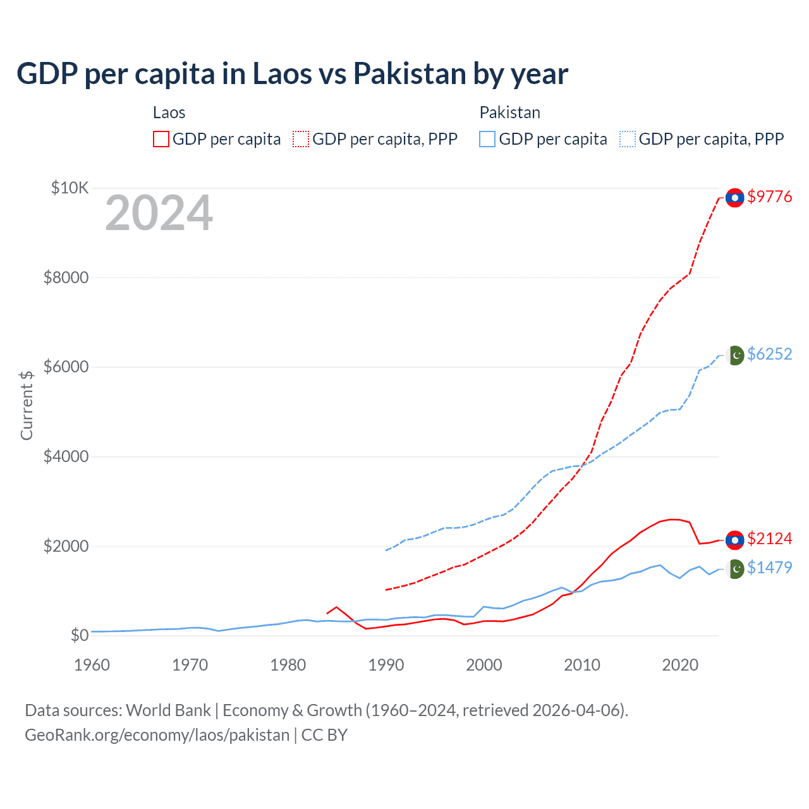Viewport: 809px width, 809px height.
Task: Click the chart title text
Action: [292, 74]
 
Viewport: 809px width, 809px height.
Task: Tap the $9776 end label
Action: [769, 197]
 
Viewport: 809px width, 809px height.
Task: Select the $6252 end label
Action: [769, 354]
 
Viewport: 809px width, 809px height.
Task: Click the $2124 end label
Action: [769, 538]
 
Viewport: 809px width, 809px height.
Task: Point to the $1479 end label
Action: [769, 568]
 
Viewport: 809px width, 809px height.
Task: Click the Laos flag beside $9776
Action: [734, 198]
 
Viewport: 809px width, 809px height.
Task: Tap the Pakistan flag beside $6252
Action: [736, 355]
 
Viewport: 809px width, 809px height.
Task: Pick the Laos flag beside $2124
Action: [734, 540]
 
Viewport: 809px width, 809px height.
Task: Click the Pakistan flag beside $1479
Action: [736, 569]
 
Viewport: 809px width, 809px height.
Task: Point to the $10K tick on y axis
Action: [70, 188]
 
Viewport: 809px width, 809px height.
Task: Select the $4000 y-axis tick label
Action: [66, 456]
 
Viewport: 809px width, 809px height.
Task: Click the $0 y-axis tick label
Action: [79, 635]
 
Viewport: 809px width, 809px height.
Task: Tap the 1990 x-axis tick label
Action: [386, 665]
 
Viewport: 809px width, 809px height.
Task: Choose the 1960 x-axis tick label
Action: [92, 665]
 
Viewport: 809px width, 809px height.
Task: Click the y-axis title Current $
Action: [27, 405]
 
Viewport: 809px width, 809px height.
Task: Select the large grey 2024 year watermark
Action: [159, 213]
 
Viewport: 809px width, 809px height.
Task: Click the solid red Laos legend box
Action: [161, 139]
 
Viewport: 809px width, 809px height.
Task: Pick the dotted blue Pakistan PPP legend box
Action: [628, 139]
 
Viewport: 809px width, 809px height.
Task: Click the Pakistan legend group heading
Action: [509, 113]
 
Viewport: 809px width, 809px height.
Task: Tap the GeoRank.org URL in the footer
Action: [157, 735]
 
